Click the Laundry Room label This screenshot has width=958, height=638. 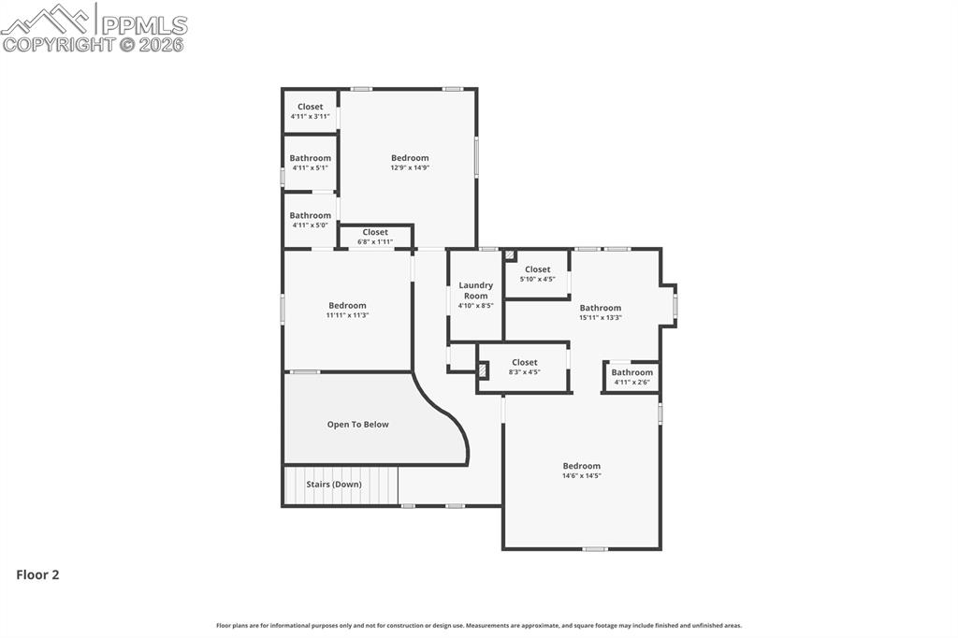[475, 290]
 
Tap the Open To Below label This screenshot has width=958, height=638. [357, 425]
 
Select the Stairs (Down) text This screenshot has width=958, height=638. [334, 485]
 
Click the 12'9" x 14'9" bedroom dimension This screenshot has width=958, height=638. [410, 168]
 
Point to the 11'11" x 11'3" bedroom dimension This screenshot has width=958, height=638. [347, 315]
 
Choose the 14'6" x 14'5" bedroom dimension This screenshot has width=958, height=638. [581, 476]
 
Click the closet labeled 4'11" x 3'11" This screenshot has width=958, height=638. [310, 111]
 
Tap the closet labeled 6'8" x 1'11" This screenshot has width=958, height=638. [375, 237]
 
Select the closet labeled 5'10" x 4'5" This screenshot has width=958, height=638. [537, 274]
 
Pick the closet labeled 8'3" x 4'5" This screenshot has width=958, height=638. [524, 367]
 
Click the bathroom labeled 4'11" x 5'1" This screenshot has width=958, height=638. [310, 163]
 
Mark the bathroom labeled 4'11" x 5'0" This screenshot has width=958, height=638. [310, 220]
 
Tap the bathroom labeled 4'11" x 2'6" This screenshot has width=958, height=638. [631, 377]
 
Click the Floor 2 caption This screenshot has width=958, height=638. [37, 575]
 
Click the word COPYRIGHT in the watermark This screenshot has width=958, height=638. [59, 44]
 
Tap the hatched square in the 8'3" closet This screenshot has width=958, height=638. [483, 370]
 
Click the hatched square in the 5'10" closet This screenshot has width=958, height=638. [510, 254]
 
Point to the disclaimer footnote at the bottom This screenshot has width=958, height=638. [479, 626]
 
